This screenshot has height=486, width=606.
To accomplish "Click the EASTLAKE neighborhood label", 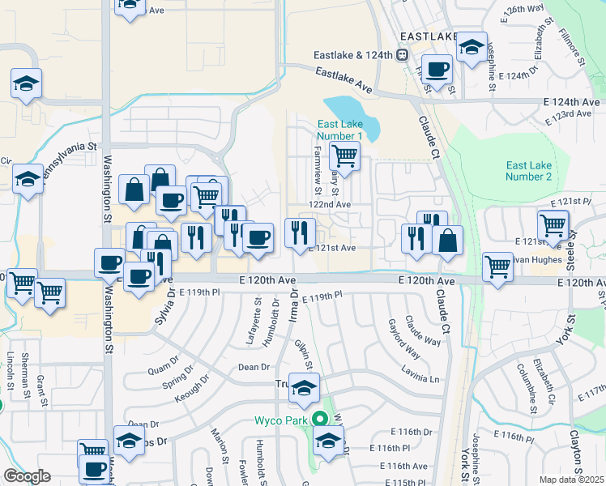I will point(429,37).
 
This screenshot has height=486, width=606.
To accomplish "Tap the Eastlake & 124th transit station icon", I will point(401,55).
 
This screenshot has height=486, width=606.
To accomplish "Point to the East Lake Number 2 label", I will point(528,171).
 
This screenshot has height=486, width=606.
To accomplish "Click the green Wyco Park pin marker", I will point(320,420).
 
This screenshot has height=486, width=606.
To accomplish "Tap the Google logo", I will point(27,476).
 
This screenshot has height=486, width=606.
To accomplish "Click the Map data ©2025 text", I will point(572,480).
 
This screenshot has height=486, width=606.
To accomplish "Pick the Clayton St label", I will point(577,451).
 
